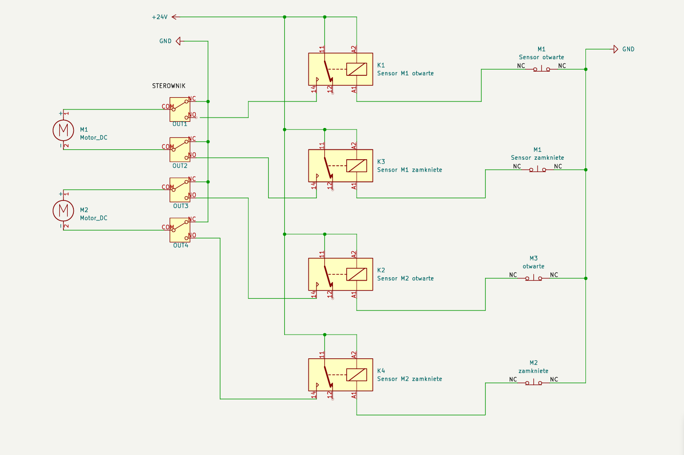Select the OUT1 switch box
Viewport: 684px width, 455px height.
tap(180, 109)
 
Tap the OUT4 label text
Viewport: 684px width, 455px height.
tap(181, 246)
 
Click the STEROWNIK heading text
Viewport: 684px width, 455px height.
tap(169, 86)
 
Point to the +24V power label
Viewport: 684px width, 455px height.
tap(160, 17)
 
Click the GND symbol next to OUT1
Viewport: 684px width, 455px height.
tap(179, 41)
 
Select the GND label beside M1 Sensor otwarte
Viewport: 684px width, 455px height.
tap(628, 49)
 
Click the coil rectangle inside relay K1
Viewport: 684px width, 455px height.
tap(356, 69)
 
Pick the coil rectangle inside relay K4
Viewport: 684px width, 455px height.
tap(356, 374)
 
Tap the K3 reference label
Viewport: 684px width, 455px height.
tap(381, 162)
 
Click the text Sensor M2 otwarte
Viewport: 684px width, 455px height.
tap(405, 278)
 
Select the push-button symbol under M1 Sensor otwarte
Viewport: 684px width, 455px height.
tap(541, 69)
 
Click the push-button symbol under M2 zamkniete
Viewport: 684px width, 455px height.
tap(533, 382)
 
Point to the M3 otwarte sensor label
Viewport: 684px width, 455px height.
tap(533, 262)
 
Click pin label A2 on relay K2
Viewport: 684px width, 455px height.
tap(353, 254)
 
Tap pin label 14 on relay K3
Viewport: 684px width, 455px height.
tap(313, 185)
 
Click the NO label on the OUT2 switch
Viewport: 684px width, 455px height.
tap(192, 155)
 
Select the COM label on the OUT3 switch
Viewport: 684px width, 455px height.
tap(168, 187)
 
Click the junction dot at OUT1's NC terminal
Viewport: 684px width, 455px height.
tap(208, 101)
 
